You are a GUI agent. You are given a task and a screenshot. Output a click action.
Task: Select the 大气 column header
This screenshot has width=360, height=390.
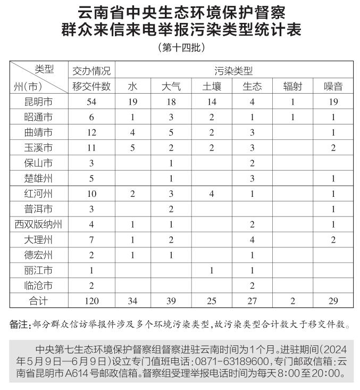[171, 86]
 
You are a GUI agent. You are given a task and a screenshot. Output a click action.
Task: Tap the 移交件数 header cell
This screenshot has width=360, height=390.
[91, 86]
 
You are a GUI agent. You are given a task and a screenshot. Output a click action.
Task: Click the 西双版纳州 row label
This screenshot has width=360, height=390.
[38, 225]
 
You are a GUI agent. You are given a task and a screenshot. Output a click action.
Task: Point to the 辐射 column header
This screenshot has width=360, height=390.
[293, 86]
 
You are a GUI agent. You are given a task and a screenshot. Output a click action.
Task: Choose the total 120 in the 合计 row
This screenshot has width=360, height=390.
[91, 301]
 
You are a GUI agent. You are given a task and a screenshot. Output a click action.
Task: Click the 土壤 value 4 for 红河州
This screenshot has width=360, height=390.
[211, 194]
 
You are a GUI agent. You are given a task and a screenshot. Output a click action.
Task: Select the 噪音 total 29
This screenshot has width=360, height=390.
[333, 301]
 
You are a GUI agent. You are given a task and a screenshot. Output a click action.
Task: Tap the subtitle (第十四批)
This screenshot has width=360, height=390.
[181, 48]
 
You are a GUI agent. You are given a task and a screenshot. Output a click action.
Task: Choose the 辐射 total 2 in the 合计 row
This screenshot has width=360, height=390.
[293, 301]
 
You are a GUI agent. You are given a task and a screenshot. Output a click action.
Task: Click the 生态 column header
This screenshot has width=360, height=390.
[252, 86]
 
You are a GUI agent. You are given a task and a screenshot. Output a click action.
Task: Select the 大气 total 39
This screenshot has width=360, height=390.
[171, 301]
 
